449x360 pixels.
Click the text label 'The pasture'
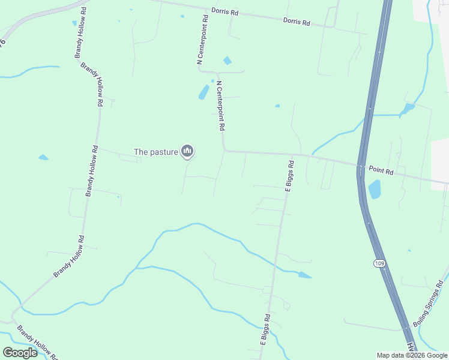155,152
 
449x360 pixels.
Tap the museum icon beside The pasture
187,152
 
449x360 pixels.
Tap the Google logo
20,353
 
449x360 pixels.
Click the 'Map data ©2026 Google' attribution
412,355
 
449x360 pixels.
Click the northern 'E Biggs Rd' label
289,174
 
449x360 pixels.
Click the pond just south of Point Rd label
375,190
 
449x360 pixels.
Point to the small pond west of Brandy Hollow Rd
43,158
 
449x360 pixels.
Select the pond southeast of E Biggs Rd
305,275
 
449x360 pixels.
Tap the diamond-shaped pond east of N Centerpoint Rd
227,61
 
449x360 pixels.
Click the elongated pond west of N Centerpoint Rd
203,92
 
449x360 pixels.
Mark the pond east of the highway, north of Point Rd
408,108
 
